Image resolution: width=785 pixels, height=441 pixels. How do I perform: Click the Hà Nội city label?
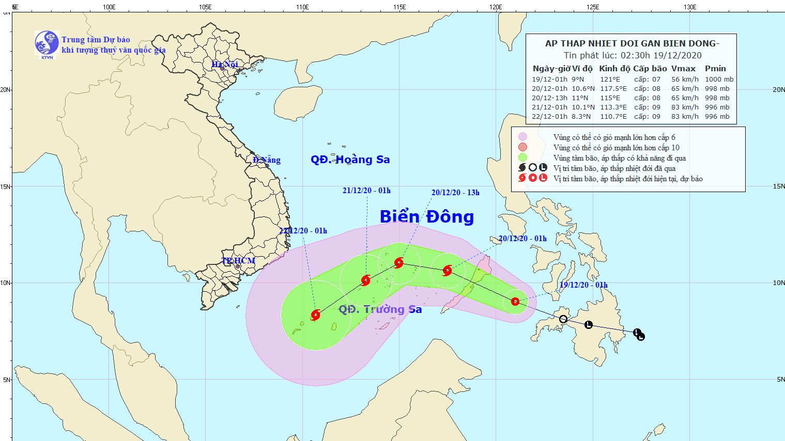coord(225,65)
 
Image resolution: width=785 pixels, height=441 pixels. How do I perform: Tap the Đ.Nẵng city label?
coord(267,160)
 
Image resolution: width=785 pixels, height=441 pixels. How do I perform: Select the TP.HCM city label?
coord(238,261)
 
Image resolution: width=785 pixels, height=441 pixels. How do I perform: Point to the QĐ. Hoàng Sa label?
coord(350,160)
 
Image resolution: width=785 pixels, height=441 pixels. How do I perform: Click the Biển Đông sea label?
coord(426,217)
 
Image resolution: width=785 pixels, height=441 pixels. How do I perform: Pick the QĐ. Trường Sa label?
coord(380,309)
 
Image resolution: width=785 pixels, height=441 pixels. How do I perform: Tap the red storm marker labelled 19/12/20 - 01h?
coord(515,302)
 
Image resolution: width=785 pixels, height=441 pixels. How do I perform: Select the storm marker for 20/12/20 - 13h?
coord(399,263)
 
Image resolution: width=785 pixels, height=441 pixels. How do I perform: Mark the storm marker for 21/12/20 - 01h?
coord(366,280)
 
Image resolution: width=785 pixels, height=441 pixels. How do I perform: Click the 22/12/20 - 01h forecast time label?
coord(303,231)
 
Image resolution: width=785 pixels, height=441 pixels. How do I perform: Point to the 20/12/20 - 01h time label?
coord(522,239)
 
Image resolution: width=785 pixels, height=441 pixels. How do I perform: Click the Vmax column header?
coord(683,69)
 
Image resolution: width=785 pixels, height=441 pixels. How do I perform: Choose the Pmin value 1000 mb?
coord(719,80)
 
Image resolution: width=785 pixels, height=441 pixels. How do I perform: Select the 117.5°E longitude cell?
coord(613,89)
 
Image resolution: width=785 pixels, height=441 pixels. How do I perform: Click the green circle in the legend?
coord(522,157)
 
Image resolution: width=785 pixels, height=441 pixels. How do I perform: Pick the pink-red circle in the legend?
coord(522,147)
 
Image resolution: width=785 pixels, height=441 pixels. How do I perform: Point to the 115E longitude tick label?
coord(399,7)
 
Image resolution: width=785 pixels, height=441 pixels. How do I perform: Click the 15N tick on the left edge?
coord(6,186)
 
